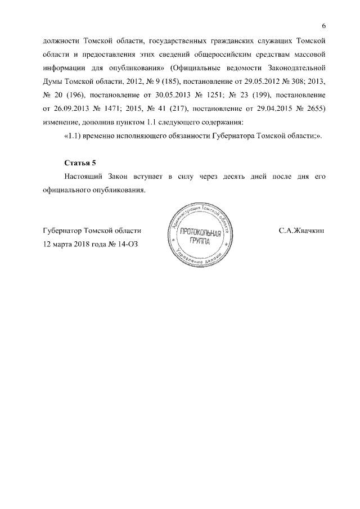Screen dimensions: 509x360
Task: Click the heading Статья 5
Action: (x=81, y=163)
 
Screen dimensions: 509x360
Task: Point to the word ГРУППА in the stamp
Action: (x=201, y=242)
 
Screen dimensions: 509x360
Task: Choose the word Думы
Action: (x=53, y=82)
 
